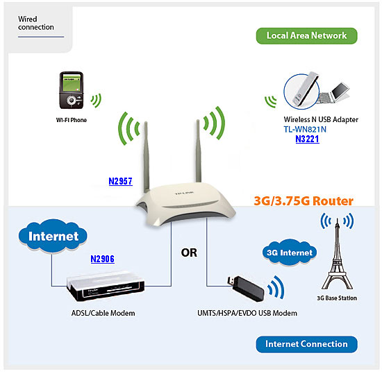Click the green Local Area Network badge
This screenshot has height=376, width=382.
pos(306,36)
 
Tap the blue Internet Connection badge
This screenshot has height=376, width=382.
pos(306,344)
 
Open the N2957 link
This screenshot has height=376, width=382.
pos(121,181)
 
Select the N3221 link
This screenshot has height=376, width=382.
pos(307,139)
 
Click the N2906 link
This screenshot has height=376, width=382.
pos(102,259)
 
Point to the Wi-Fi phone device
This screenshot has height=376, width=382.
pos(72,90)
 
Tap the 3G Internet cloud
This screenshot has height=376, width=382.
pos(290,253)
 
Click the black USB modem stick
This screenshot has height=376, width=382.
pos(246,289)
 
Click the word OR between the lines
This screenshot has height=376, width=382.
pos(189,253)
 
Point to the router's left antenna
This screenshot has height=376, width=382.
pos(146,156)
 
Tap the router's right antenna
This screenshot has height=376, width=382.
pos(199,151)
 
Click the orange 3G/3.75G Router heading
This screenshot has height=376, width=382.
pos(304,201)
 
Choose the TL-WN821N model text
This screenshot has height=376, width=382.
pos(305,129)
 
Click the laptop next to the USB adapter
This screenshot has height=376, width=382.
pos(334,93)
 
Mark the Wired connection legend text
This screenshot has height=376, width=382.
pos(36,23)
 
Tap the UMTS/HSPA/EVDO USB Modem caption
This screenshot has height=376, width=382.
pos(247,313)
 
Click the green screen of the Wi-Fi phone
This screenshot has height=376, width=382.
pos(72,83)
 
